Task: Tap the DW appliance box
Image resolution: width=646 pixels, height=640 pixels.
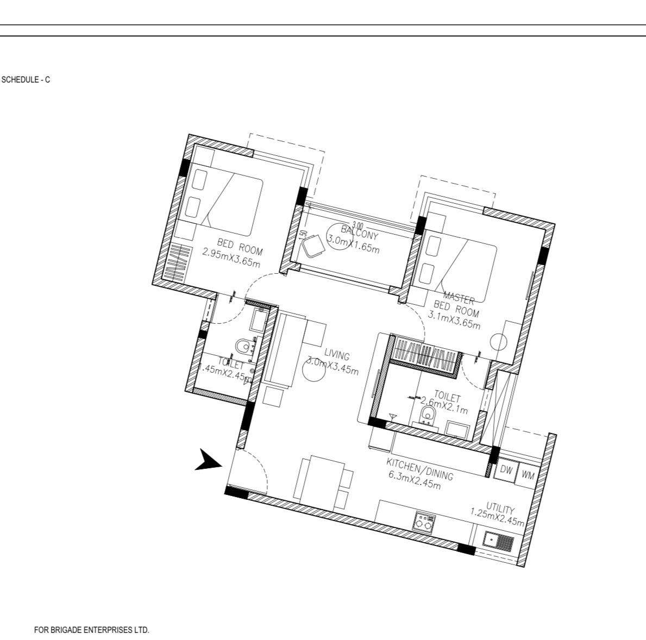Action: [506, 470]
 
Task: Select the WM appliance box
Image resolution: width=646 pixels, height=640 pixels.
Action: [528, 475]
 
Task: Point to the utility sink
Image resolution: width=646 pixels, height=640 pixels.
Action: [498, 541]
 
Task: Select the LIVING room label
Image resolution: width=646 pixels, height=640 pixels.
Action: [337, 356]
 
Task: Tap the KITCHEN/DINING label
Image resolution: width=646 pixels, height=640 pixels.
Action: [419, 469]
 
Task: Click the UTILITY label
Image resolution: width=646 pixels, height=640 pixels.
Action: [500, 509]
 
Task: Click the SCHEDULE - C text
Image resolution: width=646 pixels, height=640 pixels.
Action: [27, 80]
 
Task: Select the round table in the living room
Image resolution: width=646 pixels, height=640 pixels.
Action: [313, 372]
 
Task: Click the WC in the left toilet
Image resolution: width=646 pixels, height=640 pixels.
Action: [244, 346]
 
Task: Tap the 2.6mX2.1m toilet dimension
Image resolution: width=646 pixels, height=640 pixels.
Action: [444, 405]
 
